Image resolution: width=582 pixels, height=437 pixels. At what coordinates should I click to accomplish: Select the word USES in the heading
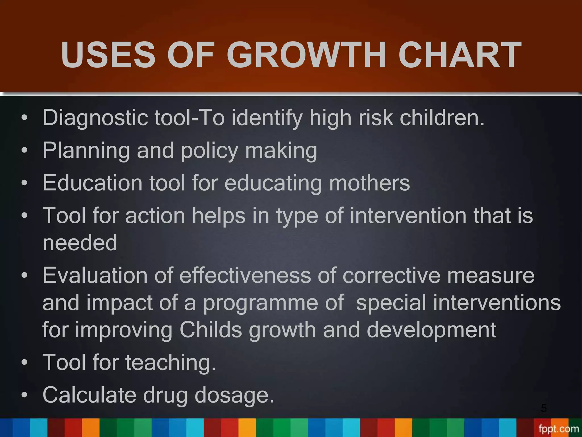[x=108, y=55]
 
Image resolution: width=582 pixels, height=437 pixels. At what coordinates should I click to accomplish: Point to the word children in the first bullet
[x=442, y=118]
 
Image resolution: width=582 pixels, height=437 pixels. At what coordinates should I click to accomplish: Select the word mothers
[x=369, y=183]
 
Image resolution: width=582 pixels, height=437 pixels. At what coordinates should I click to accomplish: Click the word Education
[x=92, y=183]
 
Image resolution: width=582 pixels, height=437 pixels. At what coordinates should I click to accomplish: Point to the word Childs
[x=211, y=330]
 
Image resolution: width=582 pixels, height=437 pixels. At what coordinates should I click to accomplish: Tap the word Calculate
[x=89, y=395]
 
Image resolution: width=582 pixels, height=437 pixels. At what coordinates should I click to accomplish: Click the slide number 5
[x=544, y=408]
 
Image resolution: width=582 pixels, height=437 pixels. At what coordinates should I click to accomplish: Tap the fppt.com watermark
[x=558, y=429]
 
